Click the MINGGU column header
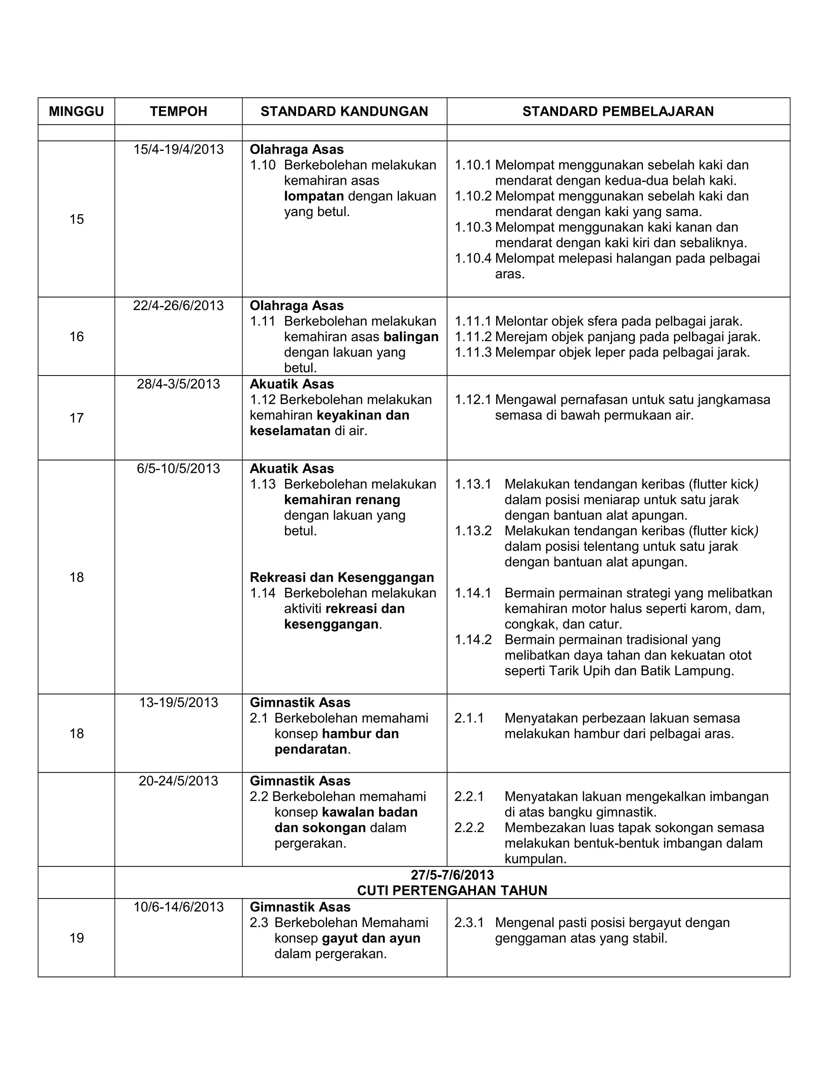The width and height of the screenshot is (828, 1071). pos(76,112)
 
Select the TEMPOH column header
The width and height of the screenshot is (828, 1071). pos(179,112)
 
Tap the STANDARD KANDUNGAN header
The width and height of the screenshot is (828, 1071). pos(344,112)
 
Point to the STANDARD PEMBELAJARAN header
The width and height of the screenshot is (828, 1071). pos(618,112)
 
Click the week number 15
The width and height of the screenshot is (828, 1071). pos(76,219)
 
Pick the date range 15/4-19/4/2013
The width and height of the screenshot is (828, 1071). pos(179,150)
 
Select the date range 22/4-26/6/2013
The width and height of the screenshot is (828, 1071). pos(179,306)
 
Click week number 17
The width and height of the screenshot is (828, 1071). pos(76,418)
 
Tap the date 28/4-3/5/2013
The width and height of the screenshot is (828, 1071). pos(179,384)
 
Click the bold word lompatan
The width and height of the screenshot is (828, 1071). pos(314,196)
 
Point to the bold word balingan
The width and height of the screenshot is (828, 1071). pos(411,337)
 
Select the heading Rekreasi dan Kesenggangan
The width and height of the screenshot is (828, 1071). pos(342,577)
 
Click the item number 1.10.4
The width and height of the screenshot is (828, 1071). pos(473,258)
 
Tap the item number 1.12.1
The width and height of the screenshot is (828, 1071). pos(473,400)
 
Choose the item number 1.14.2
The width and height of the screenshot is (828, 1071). pos(473,639)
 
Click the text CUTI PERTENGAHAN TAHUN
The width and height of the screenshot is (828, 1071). pos(452,890)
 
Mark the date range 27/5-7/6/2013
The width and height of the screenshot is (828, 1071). pos(452,875)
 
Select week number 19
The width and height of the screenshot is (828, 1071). pos(76,938)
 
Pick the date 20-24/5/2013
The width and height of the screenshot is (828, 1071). pos(179,781)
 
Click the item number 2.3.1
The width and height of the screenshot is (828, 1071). pos(469,922)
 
